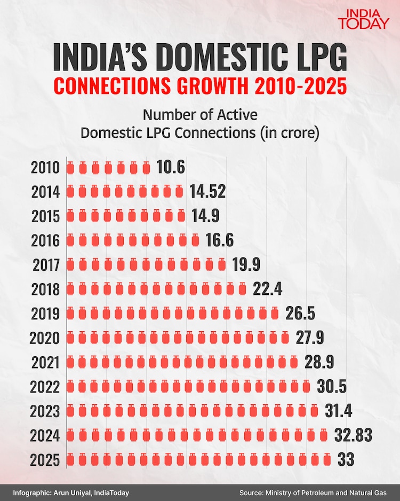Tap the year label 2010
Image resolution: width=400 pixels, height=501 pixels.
45,168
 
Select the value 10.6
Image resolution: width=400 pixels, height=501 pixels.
171,168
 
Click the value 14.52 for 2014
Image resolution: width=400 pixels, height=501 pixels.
208,192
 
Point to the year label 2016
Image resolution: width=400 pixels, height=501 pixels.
45,241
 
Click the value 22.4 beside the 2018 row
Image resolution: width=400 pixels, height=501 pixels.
267,289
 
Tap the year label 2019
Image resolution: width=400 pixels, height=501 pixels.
45,314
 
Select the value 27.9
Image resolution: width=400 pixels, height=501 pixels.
309,338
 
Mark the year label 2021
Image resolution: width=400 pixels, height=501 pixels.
45,363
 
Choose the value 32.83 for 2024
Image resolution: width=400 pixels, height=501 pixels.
353,435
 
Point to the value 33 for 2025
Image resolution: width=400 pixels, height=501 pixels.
346,460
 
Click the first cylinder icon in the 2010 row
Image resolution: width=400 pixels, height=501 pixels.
70,168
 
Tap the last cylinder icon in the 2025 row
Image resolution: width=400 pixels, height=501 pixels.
327,460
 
